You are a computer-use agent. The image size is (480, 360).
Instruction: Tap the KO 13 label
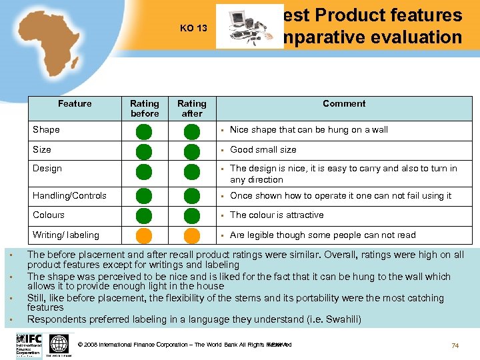coord(194,29)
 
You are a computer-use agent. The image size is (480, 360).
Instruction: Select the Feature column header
coord(75,103)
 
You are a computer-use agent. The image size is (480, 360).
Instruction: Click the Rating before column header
coord(145,108)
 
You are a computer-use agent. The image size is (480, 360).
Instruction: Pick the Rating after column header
coord(192,108)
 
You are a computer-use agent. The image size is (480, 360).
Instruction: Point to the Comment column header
coord(344,103)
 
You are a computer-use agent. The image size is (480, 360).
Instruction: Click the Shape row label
coord(46,129)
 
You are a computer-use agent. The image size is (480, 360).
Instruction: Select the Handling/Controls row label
coord(69,195)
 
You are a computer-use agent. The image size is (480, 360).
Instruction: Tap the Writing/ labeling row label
coord(65,235)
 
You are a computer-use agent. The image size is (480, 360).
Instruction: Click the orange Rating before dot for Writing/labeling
coord(145,236)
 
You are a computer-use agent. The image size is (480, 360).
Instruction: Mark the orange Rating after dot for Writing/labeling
coord(192,236)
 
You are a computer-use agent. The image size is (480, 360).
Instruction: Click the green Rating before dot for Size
coord(145,151)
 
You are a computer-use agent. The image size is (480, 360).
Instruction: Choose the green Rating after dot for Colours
coord(192,215)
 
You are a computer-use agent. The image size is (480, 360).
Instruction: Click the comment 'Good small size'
coord(263,149)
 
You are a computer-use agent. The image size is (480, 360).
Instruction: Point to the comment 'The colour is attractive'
coord(277,215)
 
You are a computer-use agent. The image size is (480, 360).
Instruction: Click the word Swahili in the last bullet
coord(339,319)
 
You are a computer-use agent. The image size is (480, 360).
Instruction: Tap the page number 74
coord(455,345)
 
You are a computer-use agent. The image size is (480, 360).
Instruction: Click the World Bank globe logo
coord(59,344)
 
